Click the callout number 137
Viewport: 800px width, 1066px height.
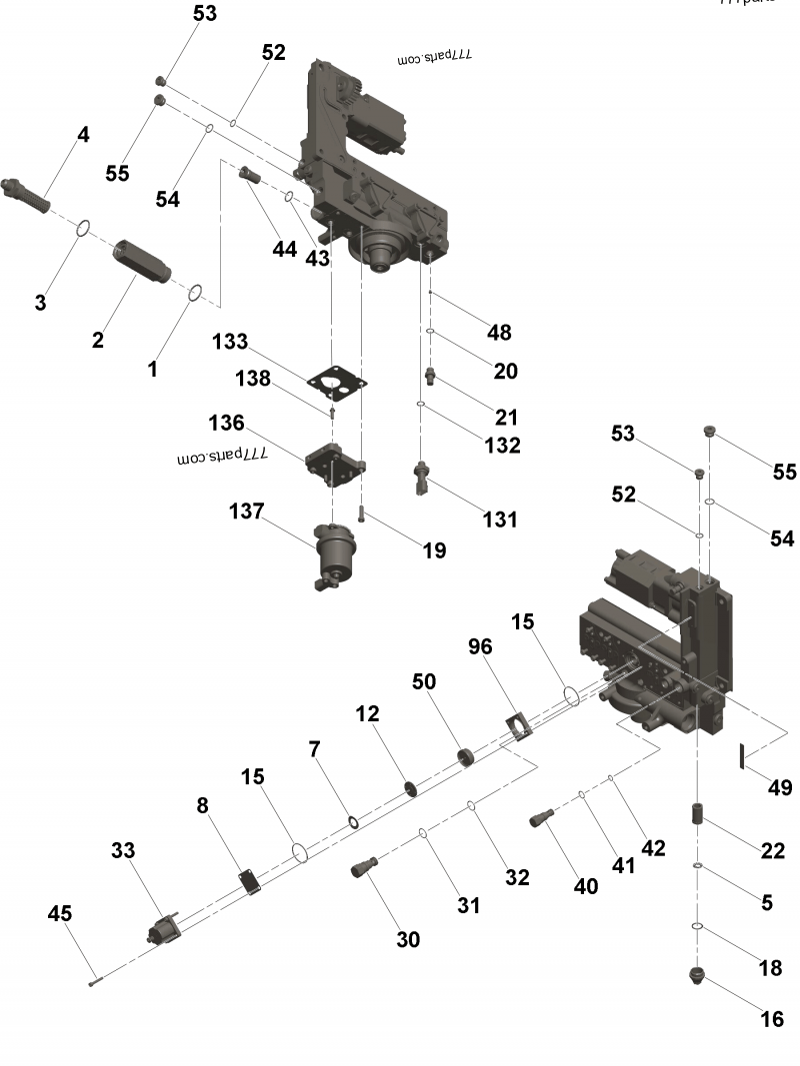[245, 512]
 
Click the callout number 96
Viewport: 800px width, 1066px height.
[481, 646]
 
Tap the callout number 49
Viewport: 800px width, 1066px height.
[780, 787]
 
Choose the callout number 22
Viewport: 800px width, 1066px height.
[772, 850]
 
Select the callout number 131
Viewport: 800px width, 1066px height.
[500, 519]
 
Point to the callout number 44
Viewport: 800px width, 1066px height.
[285, 249]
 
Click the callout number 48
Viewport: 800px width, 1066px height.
[499, 332]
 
